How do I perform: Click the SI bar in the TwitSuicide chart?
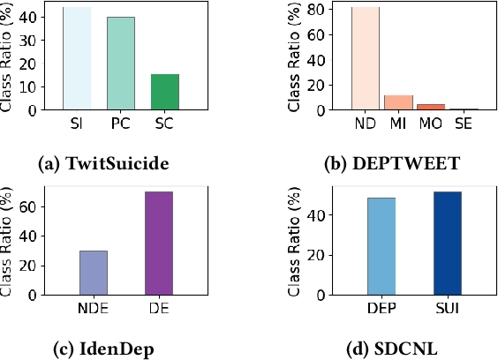76,58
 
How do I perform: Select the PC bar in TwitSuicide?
120,63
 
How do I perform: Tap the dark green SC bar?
164,92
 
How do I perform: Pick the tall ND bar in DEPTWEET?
365,58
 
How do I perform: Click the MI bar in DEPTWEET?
398,102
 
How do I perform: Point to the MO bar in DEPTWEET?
430,107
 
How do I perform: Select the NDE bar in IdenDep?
93,272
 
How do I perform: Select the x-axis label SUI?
448,308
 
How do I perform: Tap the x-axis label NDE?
93,308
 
